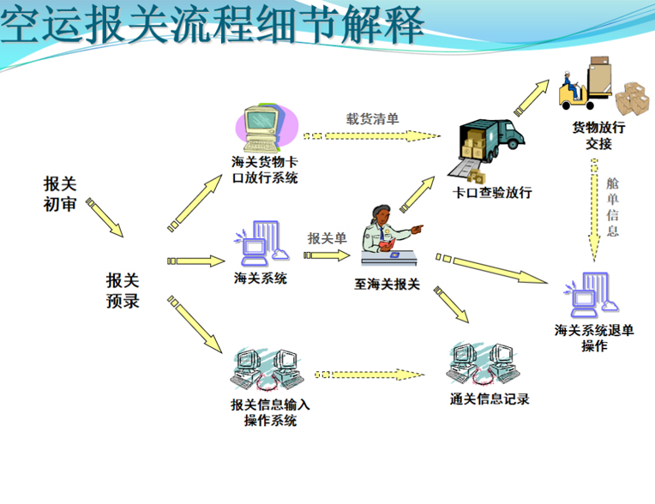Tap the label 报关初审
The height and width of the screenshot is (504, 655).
(x=61, y=193)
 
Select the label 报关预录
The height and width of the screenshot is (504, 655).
(x=123, y=291)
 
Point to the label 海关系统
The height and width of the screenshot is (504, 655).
(x=260, y=279)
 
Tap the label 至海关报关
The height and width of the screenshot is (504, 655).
(x=388, y=284)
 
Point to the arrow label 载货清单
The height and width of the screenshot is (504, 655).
(x=372, y=119)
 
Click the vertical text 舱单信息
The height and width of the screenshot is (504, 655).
(x=611, y=207)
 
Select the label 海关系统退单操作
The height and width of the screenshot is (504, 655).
(x=594, y=337)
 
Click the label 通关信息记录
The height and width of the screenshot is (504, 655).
(x=490, y=399)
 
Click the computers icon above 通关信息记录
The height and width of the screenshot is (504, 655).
(x=484, y=365)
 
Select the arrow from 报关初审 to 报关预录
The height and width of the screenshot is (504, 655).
(x=105, y=218)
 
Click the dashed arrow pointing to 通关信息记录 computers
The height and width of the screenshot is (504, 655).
(x=370, y=374)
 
